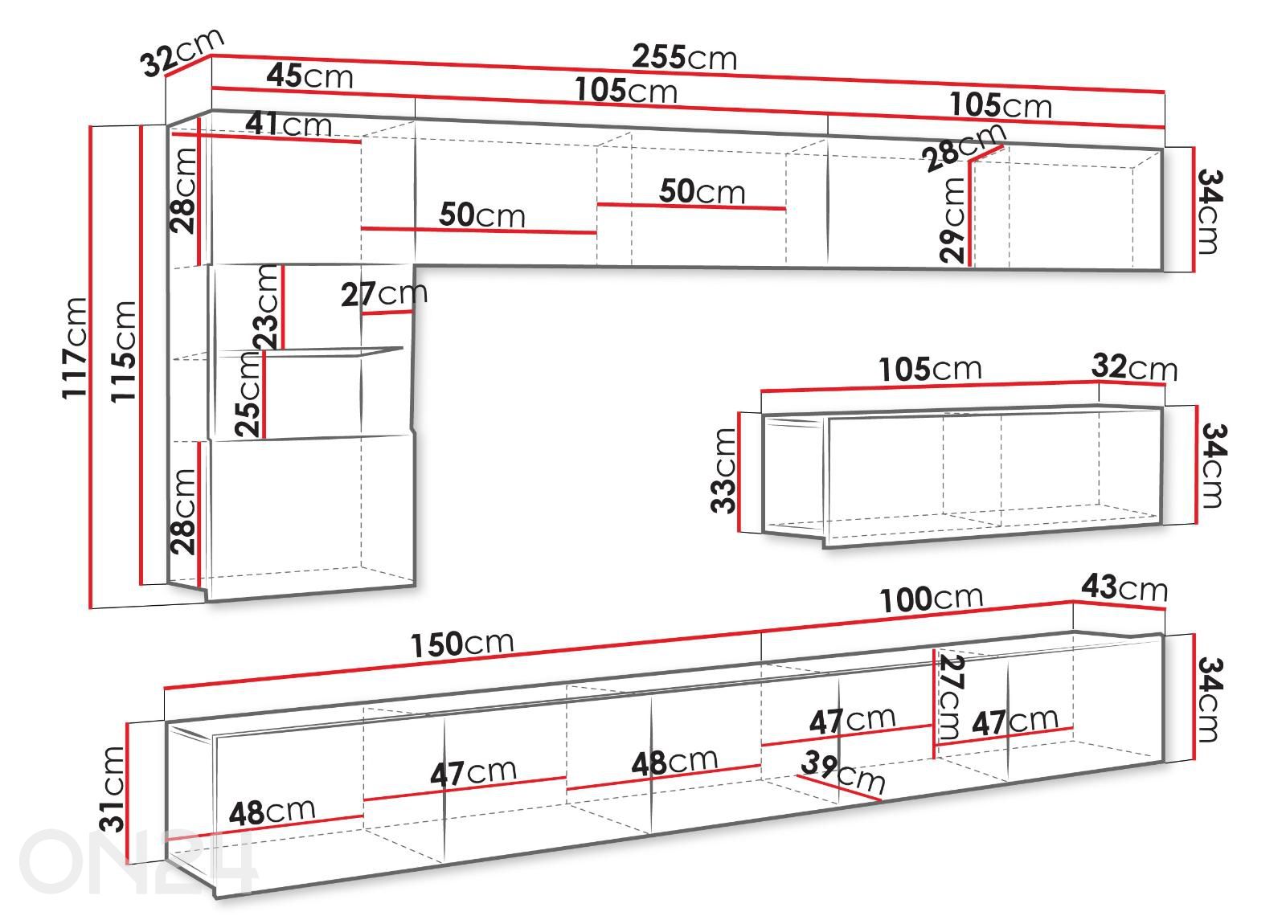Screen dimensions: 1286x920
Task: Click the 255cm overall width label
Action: click(684, 57)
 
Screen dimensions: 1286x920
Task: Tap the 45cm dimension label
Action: click(309, 76)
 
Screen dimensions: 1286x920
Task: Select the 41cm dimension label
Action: click(289, 124)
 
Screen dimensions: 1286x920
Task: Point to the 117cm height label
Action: click(76, 348)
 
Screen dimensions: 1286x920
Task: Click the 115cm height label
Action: click(124, 351)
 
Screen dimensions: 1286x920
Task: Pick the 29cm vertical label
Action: click(952, 220)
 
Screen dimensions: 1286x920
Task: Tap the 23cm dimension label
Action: click(266, 307)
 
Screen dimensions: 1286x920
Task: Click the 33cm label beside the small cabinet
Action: click(723, 470)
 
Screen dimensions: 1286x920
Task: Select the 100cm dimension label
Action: click(931, 599)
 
